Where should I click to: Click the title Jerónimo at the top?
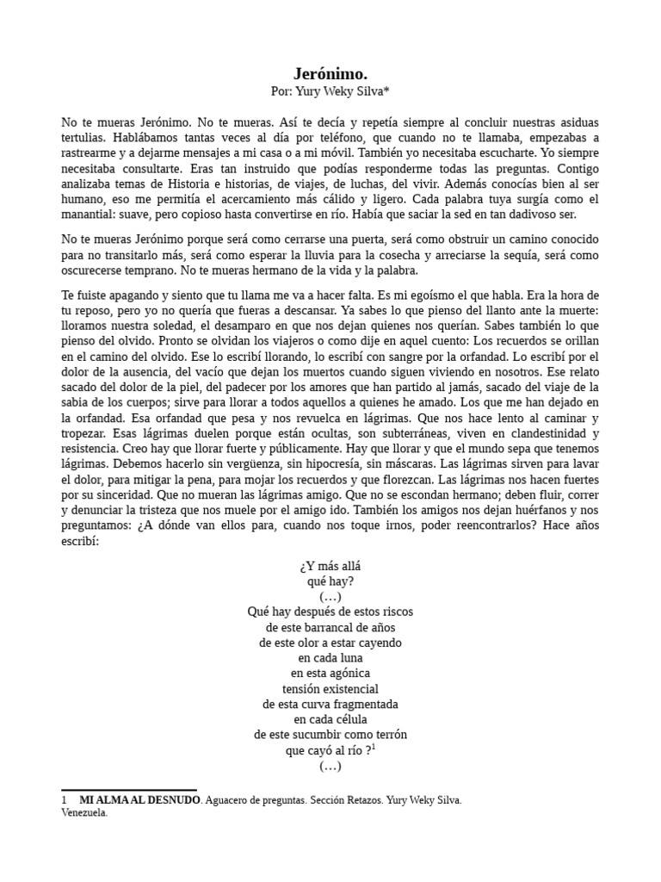pyautogui.click(x=330, y=74)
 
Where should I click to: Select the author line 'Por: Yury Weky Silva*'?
pyautogui.click(x=330, y=91)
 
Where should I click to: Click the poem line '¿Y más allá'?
pyautogui.click(x=330, y=566)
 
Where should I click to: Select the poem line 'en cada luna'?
pyautogui.click(x=330, y=658)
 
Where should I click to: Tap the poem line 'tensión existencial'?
pyautogui.click(x=330, y=689)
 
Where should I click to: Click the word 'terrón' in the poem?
pyautogui.click(x=388, y=735)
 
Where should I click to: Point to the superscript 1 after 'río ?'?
pyautogui.click(x=374, y=747)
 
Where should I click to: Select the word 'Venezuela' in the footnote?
pyautogui.click(x=83, y=812)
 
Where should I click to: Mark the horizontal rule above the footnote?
pyautogui.click(x=129, y=790)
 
